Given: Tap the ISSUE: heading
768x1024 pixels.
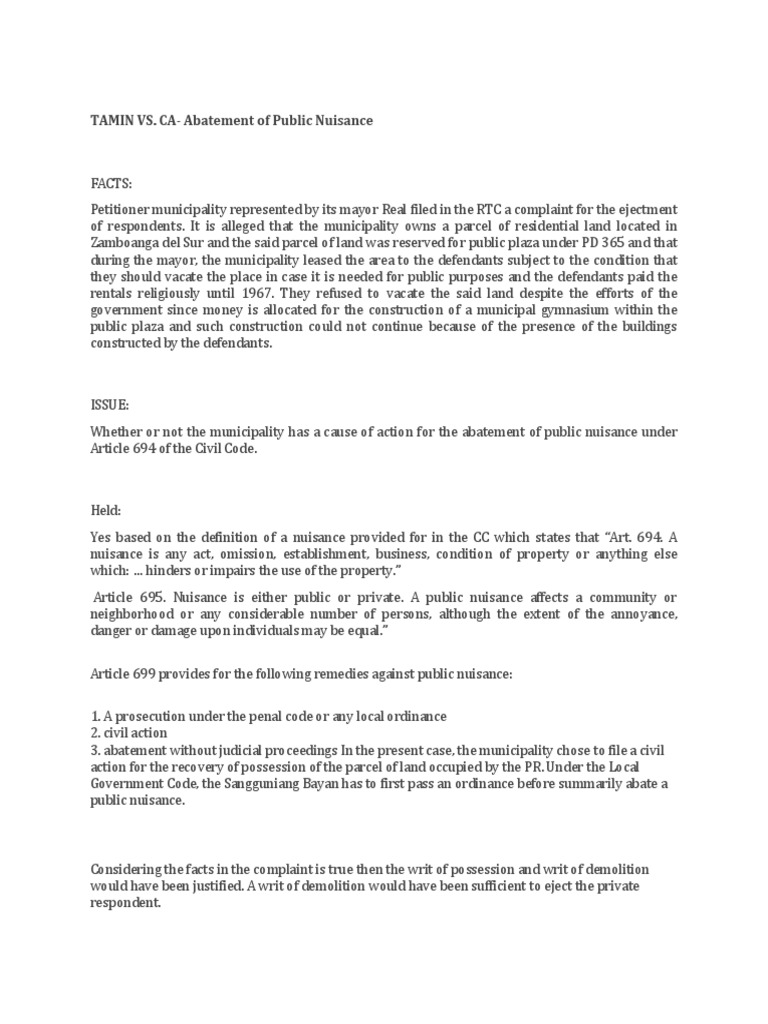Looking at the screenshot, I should click(110, 406).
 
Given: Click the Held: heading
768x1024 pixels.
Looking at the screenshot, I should click(106, 510).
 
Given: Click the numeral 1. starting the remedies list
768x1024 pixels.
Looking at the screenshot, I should click(96, 716).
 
